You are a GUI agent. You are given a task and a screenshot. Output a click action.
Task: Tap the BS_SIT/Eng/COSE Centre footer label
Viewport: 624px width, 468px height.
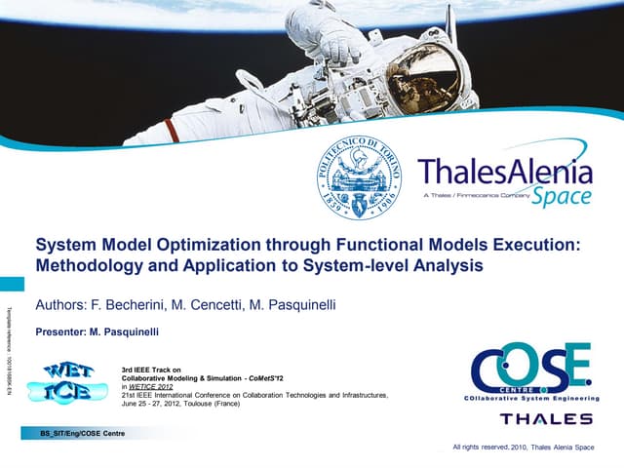81,431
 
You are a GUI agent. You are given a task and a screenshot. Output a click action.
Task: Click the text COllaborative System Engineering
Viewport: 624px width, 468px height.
530,398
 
